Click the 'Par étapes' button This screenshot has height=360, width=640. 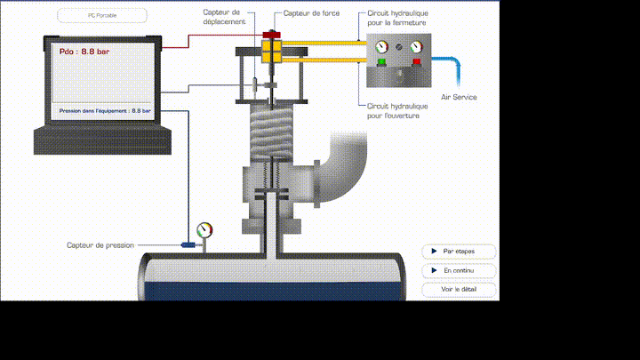tap(459, 252)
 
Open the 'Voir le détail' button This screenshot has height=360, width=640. tap(459, 290)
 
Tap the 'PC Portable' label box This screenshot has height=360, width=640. tap(101, 15)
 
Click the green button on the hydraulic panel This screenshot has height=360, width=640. tap(382, 62)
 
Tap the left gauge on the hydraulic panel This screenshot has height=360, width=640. tap(382, 47)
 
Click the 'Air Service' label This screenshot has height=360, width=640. tap(459, 97)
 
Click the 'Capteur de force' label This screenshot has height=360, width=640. tap(305, 14)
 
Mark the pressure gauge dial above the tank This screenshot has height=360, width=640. tap(206, 229)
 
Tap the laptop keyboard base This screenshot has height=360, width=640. tap(100, 140)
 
